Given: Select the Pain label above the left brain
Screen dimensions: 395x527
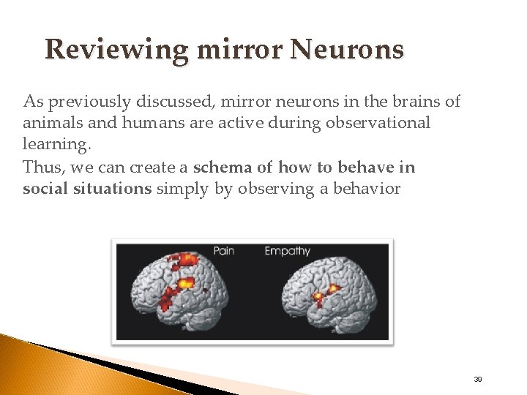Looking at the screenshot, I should point(224,251).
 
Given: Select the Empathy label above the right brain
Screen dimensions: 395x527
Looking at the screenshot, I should point(287,251).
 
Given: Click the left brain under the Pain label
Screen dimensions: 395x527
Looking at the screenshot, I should point(183,293).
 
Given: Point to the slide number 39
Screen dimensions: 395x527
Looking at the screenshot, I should point(477,380).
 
